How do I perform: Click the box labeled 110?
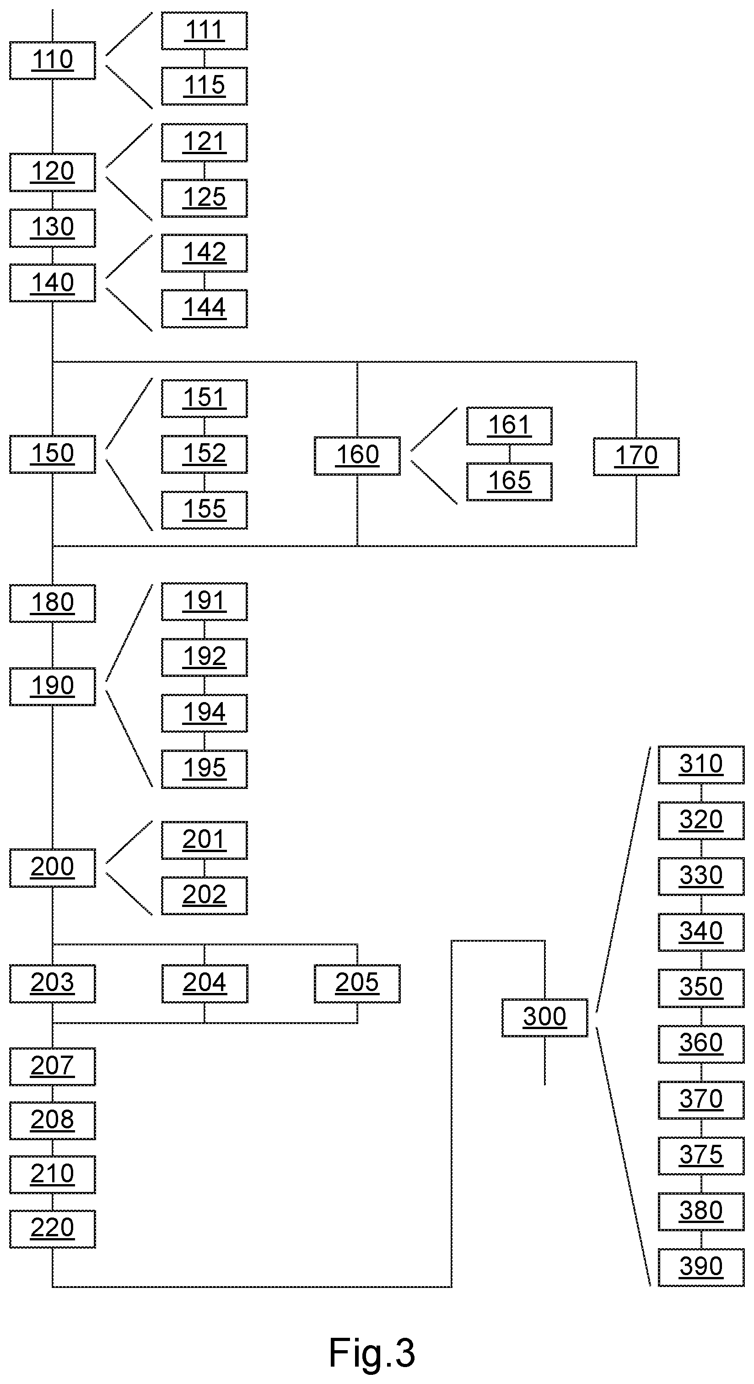(x=53, y=60)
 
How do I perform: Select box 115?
(x=204, y=86)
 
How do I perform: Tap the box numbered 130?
(x=53, y=228)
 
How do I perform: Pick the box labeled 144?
(x=204, y=308)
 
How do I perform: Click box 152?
(x=204, y=454)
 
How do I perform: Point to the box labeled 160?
(x=357, y=456)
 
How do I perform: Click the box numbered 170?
(x=636, y=456)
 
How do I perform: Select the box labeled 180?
(x=53, y=603)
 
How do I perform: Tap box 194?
(x=204, y=713)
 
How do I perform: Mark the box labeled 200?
(x=53, y=868)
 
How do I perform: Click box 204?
(x=204, y=984)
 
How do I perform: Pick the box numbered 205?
(x=357, y=984)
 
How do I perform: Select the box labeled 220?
(x=53, y=1229)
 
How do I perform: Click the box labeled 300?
(x=545, y=1018)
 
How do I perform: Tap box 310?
(x=701, y=765)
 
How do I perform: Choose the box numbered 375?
(x=701, y=1156)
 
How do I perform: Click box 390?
(x=701, y=1267)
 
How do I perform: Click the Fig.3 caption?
(x=372, y=1353)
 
